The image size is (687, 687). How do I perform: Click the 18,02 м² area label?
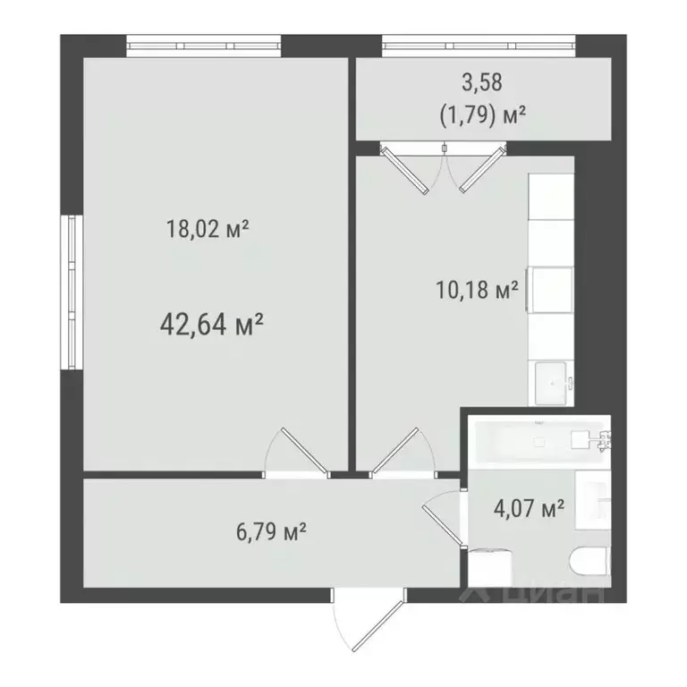click(x=207, y=230)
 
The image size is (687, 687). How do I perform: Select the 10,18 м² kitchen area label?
click(x=475, y=291)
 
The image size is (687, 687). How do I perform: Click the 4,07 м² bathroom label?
click(x=529, y=509)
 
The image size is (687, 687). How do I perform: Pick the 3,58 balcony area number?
click(x=482, y=83)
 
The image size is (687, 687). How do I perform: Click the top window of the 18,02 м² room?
click(x=204, y=44)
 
